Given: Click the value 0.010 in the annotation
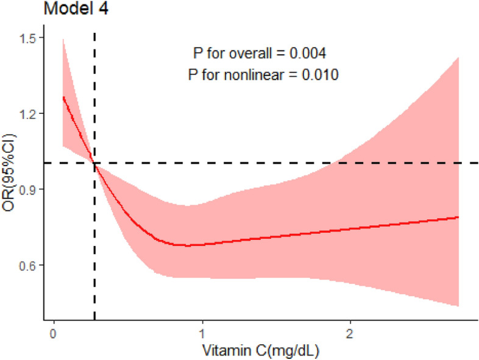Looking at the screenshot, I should pos(319,75).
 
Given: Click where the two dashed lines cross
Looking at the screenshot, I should pos(94,163).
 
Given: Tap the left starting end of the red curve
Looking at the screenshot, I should pos(63,97).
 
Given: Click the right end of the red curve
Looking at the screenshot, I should pos(458,217).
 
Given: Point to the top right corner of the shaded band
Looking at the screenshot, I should pos(458,57).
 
